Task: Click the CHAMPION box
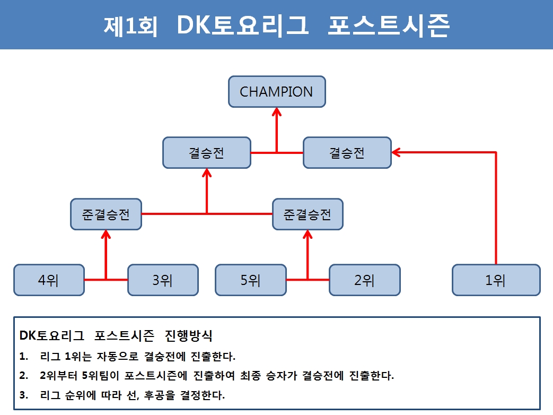(277, 92)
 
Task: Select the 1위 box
(496, 280)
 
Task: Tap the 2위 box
(365, 280)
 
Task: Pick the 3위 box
(163, 280)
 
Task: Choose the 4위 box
(49, 280)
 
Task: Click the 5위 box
(251, 280)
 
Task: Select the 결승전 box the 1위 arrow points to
(347, 152)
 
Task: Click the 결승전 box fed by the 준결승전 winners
(207, 152)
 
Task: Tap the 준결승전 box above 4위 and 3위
(106, 214)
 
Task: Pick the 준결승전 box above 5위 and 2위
(308, 214)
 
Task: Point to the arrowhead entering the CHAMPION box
(277, 111)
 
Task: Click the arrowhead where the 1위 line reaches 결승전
(396, 152)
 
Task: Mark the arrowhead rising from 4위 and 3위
(106, 235)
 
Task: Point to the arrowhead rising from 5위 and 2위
(308, 235)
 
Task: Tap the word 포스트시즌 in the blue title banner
(389, 25)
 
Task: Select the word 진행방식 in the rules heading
(188, 335)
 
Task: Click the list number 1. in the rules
(24, 357)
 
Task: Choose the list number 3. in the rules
(24, 395)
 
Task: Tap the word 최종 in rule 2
(250, 376)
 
